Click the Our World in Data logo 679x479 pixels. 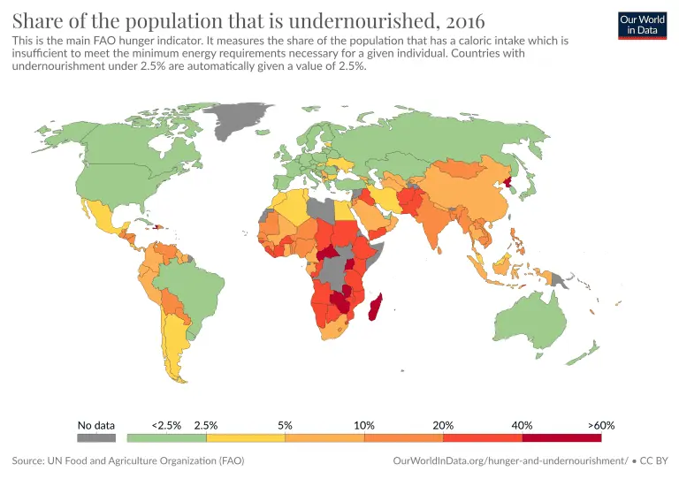tap(642, 24)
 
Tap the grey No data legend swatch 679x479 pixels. tap(96, 437)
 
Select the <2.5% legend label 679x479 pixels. tap(166, 425)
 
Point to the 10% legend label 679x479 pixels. tap(363, 425)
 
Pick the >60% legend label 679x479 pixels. tap(600, 425)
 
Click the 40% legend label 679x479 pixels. tap(522, 425)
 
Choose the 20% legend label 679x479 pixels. tap(443, 425)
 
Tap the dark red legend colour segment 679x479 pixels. tap(561, 437)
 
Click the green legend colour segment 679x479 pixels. tap(167, 437)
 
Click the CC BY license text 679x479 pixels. tap(653, 460)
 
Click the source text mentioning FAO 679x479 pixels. tap(128, 460)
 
